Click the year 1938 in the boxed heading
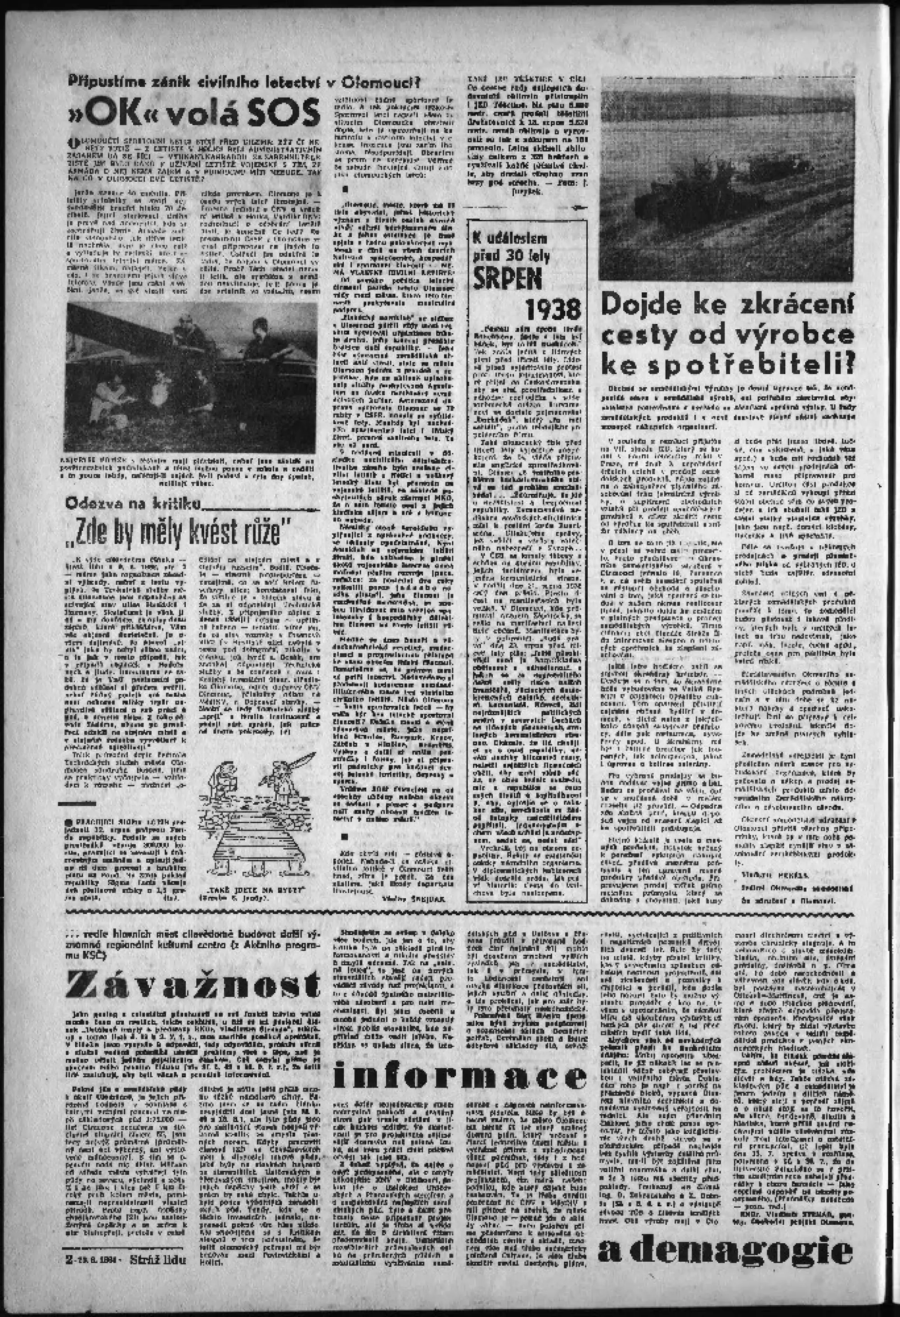click(553, 309)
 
